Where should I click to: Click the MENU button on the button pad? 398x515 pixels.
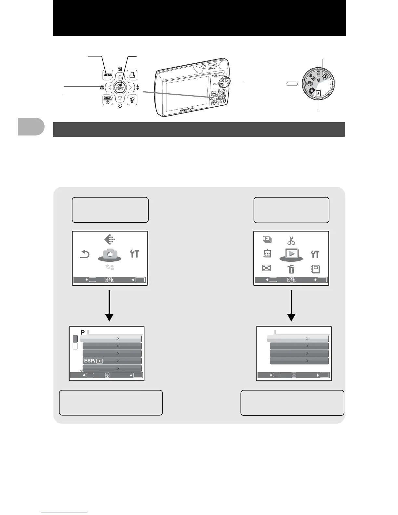click(x=108, y=75)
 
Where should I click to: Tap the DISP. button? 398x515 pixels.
click(x=108, y=99)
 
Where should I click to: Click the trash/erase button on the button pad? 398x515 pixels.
click(x=132, y=99)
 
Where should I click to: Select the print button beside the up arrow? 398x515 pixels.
click(x=132, y=75)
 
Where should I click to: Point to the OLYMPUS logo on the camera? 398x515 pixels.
click(x=187, y=109)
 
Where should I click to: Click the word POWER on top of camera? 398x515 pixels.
click(x=211, y=69)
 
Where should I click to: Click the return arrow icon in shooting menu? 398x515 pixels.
click(x=85, y=254)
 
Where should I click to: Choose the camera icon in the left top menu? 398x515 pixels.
click(x=110, y=254)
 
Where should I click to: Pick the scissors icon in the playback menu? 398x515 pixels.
click(x=291, y=241)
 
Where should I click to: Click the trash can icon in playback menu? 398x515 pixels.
click(x=291, y=269)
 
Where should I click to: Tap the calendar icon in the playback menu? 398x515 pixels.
click(x=267, y=254)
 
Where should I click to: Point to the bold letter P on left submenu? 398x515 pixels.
click(x=83, y=332)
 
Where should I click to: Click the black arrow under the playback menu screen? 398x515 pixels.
click(x=291, y=306)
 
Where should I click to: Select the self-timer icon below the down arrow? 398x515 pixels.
click(x=120, y=106)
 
